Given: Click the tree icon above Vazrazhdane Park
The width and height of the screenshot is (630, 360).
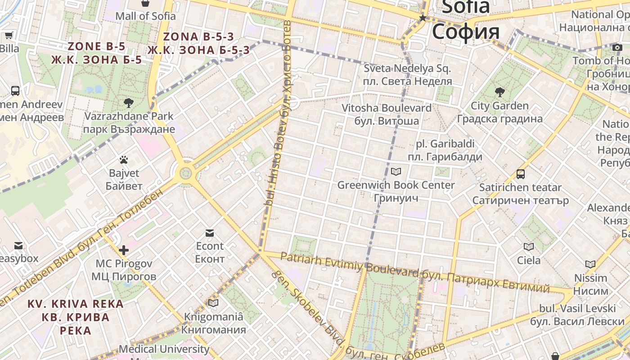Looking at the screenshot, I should pos(129,103).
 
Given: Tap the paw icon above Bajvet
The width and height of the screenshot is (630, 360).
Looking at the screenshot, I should pos(124,160).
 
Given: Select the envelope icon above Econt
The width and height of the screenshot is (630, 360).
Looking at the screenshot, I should pos(210,233).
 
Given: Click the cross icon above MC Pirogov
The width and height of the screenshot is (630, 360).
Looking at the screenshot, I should pos(124,250).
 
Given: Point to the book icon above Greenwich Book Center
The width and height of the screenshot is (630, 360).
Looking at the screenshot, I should pos(396,171).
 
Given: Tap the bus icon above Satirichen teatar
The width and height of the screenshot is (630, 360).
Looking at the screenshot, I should pos(521,174).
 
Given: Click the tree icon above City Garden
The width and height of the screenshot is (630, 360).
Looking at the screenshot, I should pos(499,92).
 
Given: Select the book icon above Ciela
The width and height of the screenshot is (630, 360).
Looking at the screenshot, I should pos(529,247).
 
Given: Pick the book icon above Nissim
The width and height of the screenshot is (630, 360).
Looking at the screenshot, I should pos(590,264).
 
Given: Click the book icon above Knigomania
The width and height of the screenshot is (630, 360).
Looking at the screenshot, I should pos(213,303).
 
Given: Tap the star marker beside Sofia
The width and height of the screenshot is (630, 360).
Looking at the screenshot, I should pos(423,18).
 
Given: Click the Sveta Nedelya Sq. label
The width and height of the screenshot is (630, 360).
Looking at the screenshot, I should pos(407,69).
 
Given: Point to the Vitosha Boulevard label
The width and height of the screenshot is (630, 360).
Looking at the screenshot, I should pos(386,108).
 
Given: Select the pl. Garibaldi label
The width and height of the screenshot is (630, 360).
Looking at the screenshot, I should pos(445,144).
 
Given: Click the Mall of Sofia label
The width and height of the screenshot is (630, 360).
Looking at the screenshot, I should pos(145,16).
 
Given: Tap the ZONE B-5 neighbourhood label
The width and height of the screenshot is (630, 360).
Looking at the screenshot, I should pos(96,46).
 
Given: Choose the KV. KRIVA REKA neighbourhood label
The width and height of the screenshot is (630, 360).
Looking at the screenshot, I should pos(76,304).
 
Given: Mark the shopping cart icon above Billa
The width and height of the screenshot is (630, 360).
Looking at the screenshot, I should pos(9,35).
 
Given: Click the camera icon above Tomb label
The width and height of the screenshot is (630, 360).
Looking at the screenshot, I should pos(617,47).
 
